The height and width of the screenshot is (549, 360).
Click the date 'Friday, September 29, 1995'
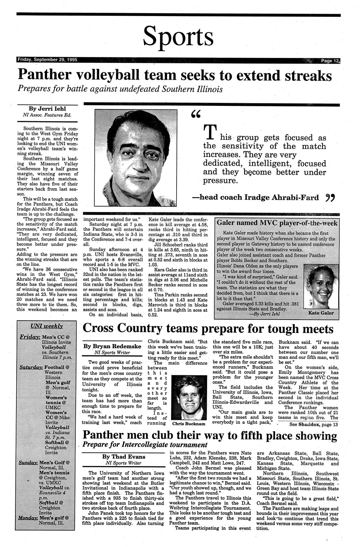click(x=47, y=60)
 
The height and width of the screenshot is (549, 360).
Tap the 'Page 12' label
click(x=331, y=61)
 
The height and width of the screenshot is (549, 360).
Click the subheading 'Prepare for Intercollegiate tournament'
click(x=145, y=445)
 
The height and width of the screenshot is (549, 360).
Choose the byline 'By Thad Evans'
click(x=123, y=457)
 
